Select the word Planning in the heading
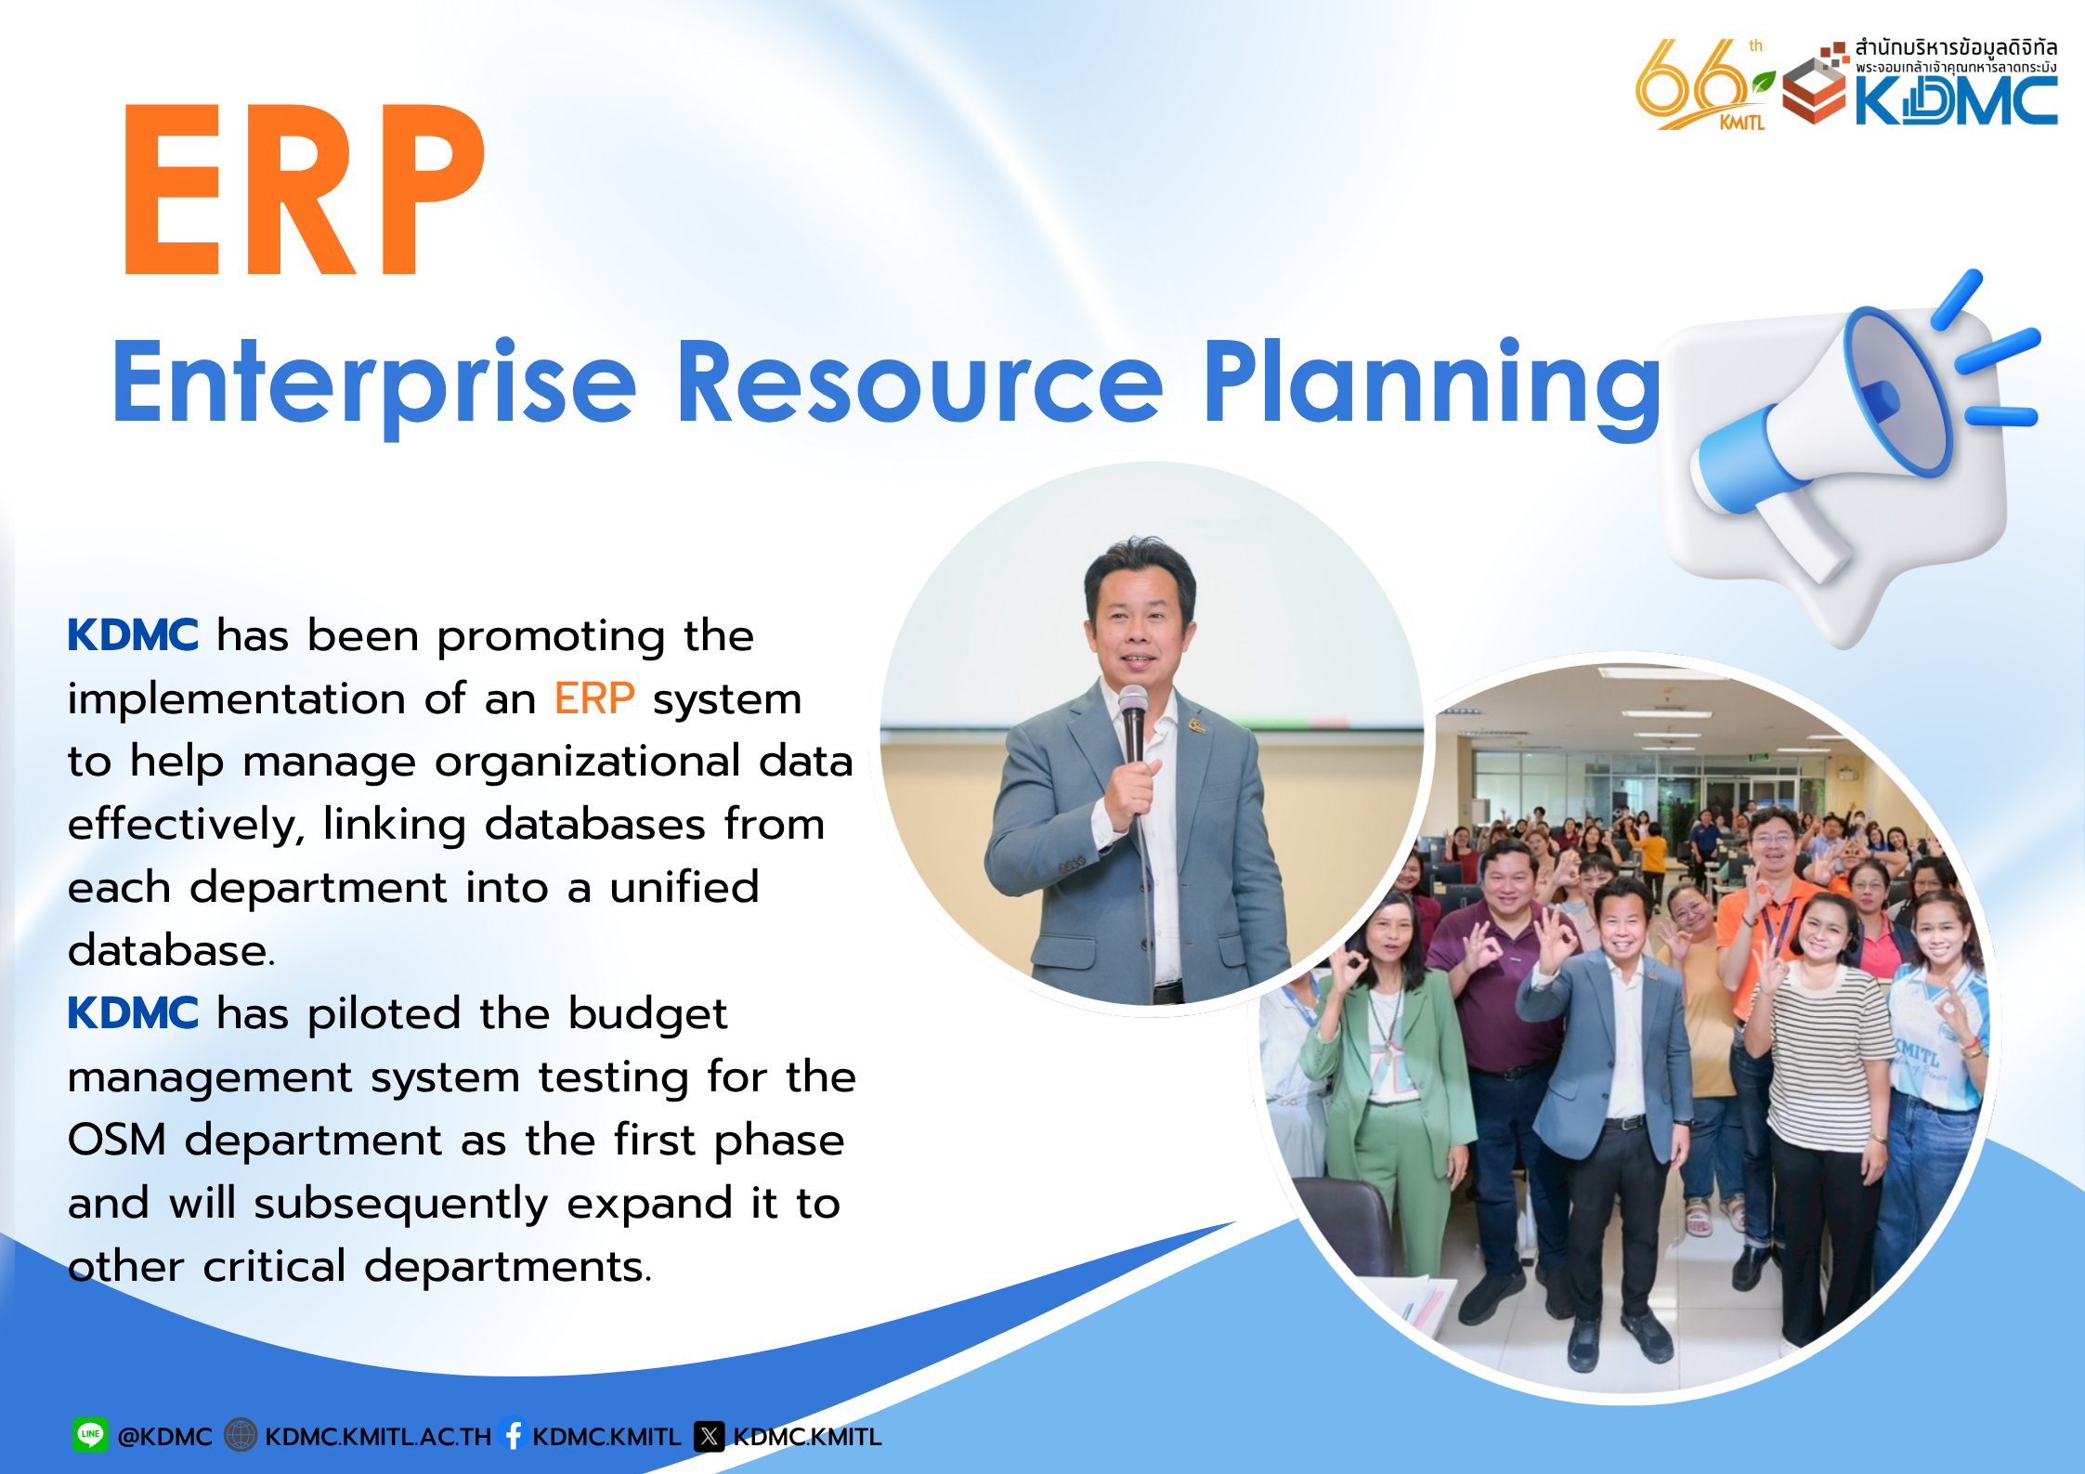point(1431,385)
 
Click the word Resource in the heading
point(919,382)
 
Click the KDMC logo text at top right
point(1956,100)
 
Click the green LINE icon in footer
point(90,1435)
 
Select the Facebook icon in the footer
point(513,1434)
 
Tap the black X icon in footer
point(710,1437)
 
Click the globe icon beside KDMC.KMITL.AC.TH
point(241,1435)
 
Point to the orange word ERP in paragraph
point(594,698)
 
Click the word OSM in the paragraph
point(117,1140)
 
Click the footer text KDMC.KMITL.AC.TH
point(378,1437)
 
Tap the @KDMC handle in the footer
point(164,1437)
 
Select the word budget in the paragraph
point(648,1015)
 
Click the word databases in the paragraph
point(595,824)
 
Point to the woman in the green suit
point(1384,1077)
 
